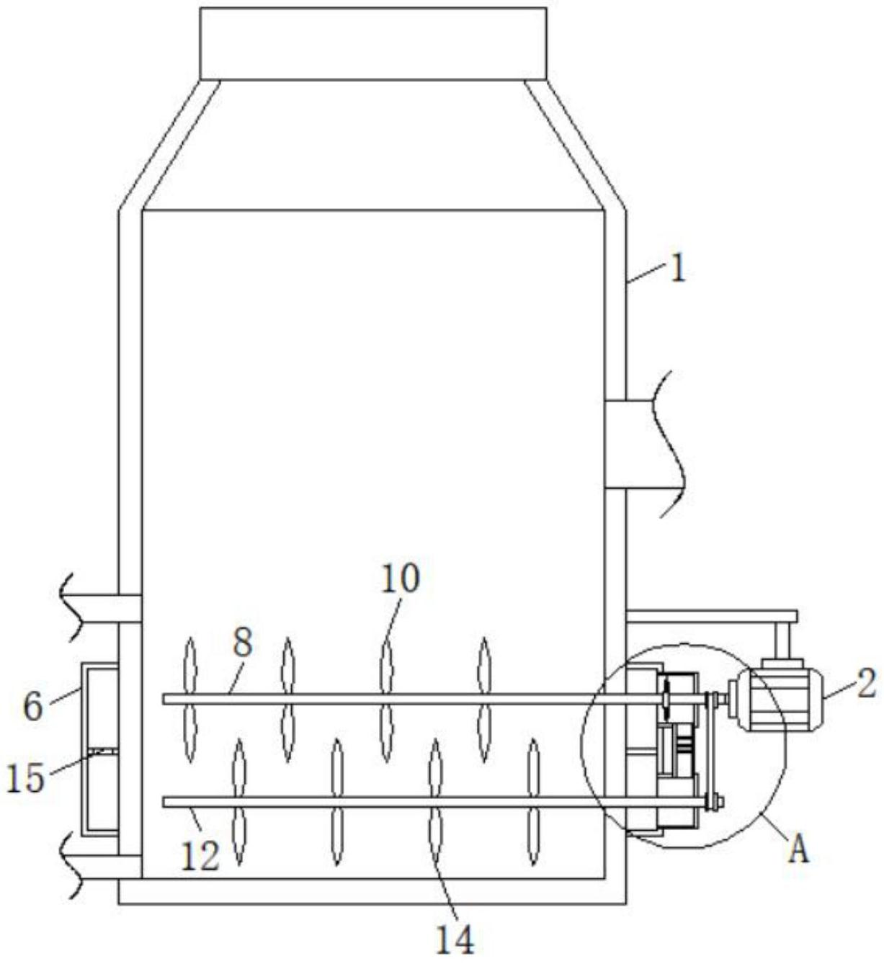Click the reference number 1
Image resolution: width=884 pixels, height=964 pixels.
[x=678, y=271]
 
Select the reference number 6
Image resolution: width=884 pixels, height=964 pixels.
[x=32, y=706]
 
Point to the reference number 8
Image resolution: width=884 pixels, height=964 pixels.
[x=242, y=644]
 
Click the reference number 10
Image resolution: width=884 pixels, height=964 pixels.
[x=401, y=579]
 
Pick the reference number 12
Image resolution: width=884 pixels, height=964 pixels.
[x=200, y=857]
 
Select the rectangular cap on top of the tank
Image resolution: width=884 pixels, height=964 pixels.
[x=373, y=43]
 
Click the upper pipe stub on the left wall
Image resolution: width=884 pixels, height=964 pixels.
[x=100, y=608]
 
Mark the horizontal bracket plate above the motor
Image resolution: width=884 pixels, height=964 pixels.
[x=712, y=617]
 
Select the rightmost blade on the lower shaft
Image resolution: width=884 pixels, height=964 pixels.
[x=533, y=803]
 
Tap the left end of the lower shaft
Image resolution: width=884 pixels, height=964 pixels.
[x=164, y=802]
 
